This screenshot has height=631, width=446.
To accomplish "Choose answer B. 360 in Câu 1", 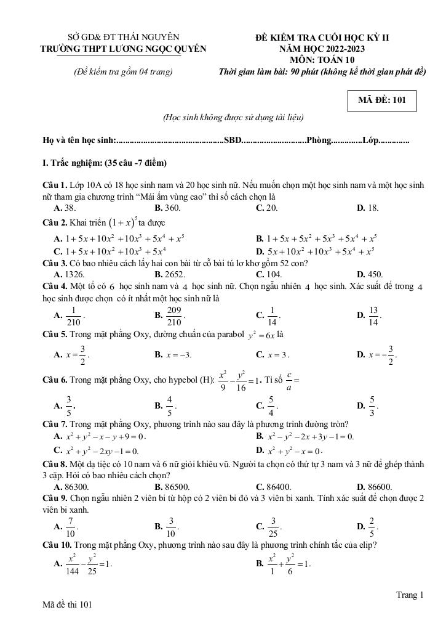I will click(x=167, y=208).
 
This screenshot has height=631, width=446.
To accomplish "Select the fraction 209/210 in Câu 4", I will click(x=174, y=315).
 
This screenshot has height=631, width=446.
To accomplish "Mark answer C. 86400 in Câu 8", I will click(x=274, y=486).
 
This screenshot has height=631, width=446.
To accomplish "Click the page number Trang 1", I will click(x=410, y=595).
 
